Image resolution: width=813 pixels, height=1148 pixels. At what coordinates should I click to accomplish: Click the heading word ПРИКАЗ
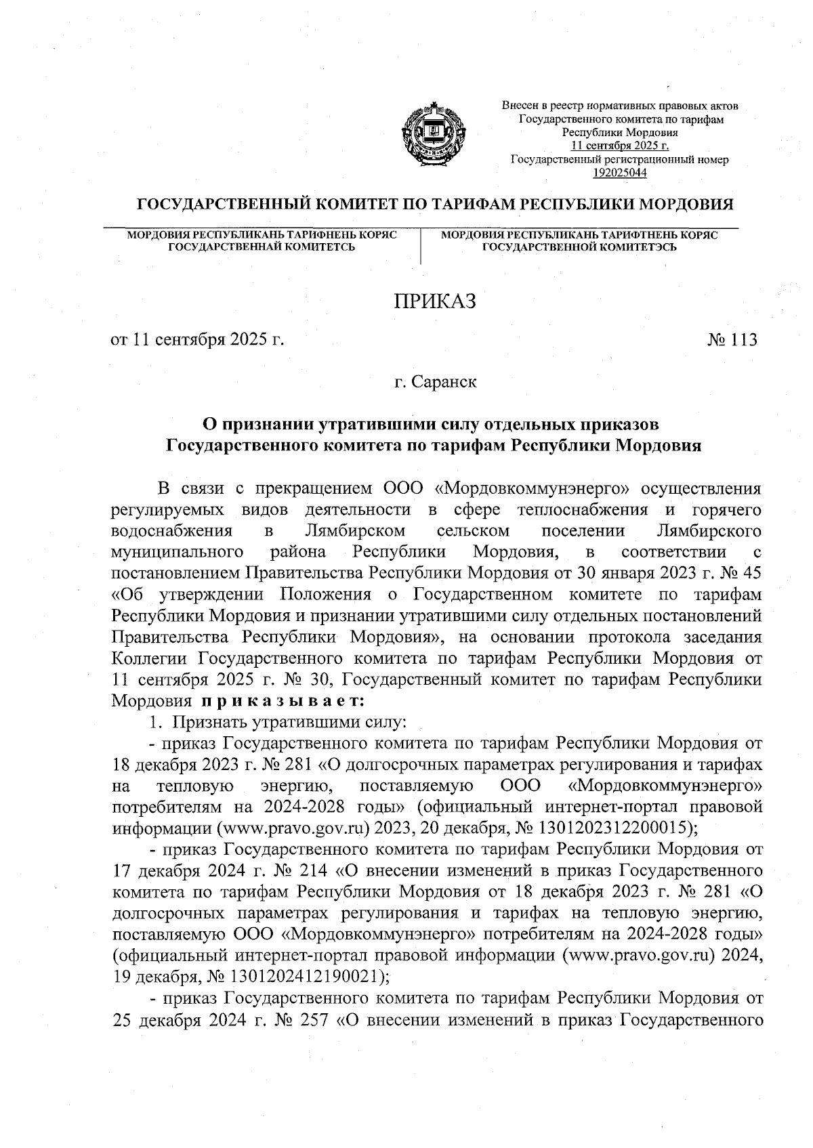pos(436,301)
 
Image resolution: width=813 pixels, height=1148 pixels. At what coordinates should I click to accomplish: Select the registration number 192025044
pos(620,173)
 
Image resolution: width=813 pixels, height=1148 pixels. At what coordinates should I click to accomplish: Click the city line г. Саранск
pos(436,383)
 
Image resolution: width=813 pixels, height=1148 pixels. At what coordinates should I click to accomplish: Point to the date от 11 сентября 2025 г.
pos(196,340)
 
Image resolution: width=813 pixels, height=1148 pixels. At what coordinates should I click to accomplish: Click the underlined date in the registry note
pos(620,146)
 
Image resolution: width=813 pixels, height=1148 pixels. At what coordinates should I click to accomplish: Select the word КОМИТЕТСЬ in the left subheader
pos(318,248)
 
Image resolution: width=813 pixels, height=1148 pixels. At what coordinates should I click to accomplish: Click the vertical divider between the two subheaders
pos(421,247)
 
